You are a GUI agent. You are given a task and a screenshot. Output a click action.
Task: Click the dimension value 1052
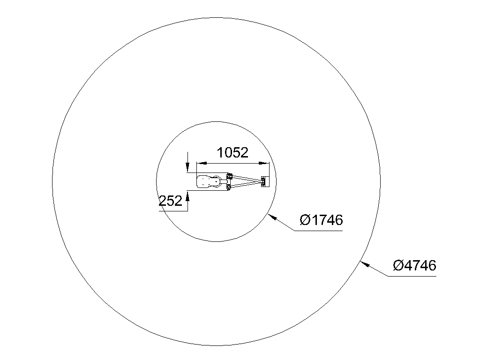[x=232, y=152]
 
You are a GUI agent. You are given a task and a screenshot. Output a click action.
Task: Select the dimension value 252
[x=171, y=201]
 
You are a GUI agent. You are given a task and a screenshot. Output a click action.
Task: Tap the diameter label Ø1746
[x=321, y=220]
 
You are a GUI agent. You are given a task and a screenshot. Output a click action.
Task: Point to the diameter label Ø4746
[x=414, y=265]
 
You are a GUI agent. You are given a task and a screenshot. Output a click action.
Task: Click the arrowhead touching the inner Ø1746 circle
[x=272, y=217]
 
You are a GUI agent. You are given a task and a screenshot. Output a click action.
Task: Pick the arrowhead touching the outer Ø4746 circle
[x=365, y=264]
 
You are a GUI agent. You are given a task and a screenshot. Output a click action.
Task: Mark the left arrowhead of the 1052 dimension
[x=202, y=163]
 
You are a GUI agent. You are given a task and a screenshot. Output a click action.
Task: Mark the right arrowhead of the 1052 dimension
[x=264, y=163]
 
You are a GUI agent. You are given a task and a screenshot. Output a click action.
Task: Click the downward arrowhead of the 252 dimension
[x=187, y=167]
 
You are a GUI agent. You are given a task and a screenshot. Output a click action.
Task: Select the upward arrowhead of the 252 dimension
[x=187, y=196]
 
